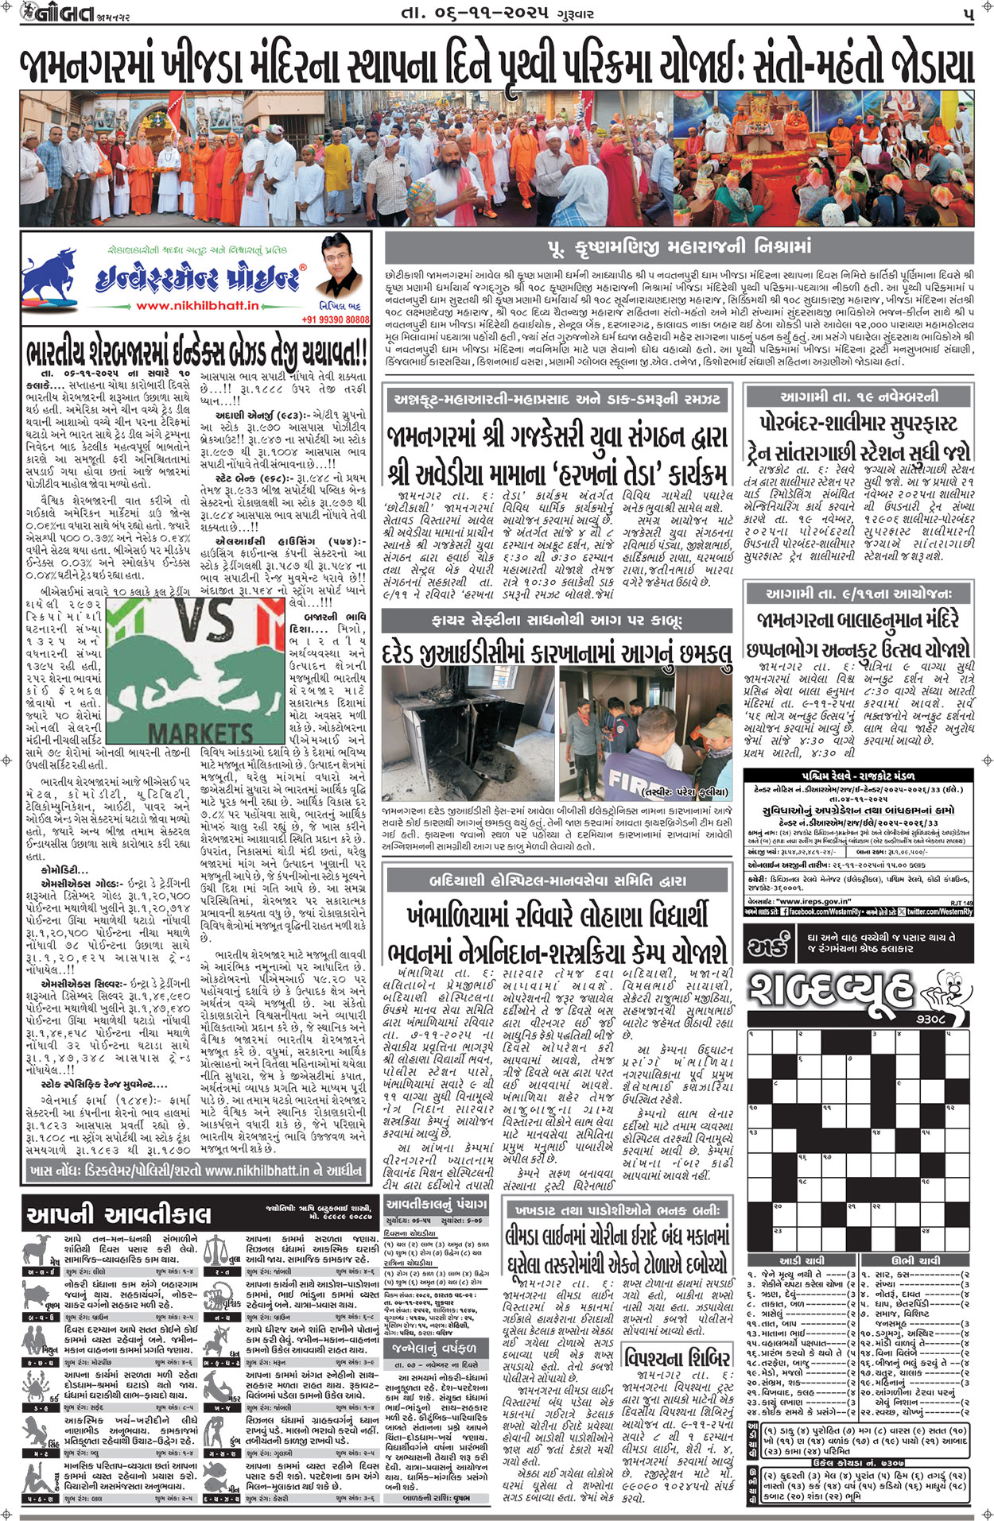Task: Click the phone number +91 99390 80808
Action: (335, 319)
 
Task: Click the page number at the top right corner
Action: (968, 15)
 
